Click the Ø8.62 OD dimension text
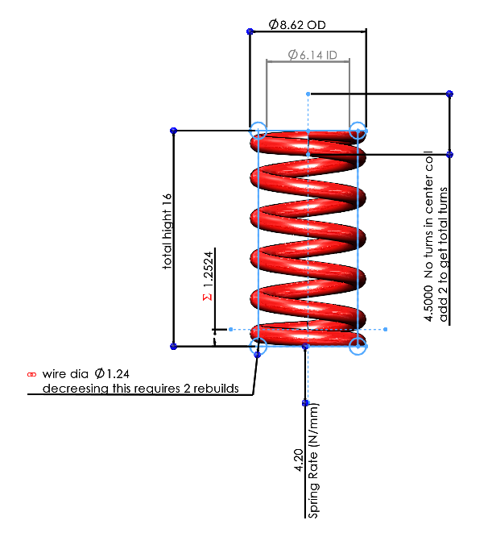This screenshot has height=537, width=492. [297, 25]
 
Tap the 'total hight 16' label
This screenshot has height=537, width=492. [167, 230]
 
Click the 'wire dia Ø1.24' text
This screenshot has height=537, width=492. [88, 374]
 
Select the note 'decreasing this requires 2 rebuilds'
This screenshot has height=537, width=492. [140, 388]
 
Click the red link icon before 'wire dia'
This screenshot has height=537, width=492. [32, 375]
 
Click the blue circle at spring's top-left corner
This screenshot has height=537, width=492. [258, 130]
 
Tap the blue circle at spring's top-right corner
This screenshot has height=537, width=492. [358, 130]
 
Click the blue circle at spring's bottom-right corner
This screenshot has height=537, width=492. [358, 347]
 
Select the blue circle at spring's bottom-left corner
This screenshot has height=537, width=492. [258, 348]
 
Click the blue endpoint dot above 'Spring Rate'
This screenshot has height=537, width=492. [305, 402]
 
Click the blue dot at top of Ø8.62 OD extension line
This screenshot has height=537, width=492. [248, 31]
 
